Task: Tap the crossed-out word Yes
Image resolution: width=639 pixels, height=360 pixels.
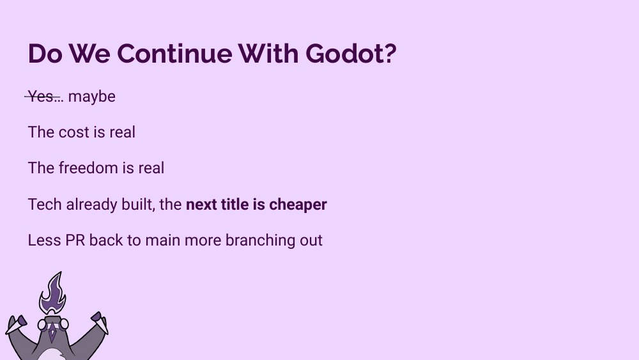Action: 42,97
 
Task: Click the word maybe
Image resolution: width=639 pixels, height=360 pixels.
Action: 91,97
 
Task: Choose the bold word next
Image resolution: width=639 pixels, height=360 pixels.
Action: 201,205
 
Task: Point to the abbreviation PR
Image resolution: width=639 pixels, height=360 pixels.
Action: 75,240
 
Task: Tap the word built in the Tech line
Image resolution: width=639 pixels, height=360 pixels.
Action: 135,205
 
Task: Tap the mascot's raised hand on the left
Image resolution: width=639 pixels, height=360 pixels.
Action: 18,321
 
